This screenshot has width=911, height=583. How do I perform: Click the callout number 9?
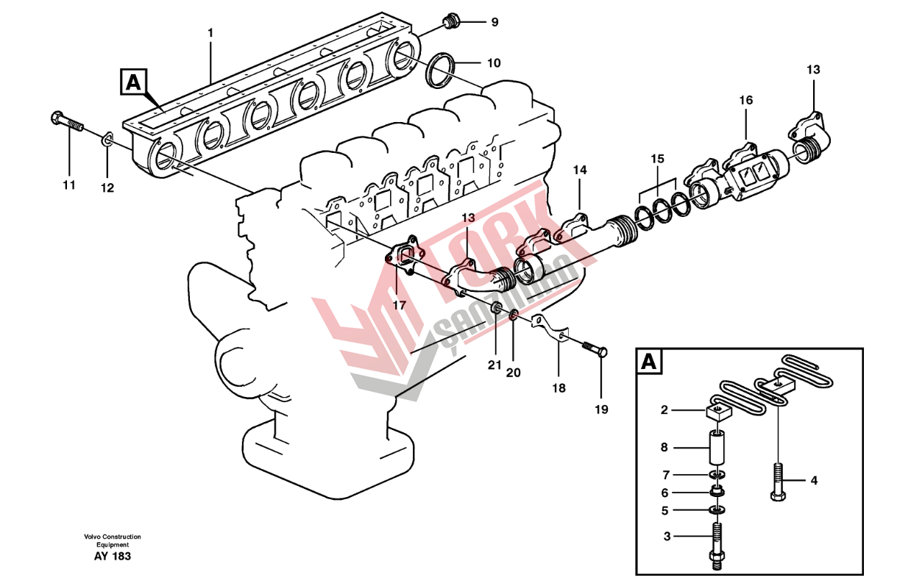click(x=495, y=22)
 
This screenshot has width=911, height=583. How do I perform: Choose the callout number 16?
click(x=746, y=100)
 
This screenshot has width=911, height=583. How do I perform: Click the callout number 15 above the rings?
click(x=657, y=158)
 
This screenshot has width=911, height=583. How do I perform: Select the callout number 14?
click(x=580, y=170)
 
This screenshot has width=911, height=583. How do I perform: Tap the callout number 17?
click(x=399, y=304)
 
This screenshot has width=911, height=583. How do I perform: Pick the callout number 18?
click(x=559, y=387)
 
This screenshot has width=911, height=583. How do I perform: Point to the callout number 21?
click(x=495, y=365)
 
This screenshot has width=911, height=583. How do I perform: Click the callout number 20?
click(x=513, y=372)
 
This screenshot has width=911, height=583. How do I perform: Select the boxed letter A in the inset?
click(x=648, y=362)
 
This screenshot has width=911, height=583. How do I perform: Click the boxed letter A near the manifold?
click(x=132, y=82)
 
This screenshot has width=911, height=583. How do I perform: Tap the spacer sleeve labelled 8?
click(x=717, y=446)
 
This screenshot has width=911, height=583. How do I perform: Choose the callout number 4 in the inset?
click(x=814, y=481)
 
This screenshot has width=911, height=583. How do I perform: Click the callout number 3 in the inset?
click(x=667, y=537)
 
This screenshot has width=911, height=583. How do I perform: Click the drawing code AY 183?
click(x=112, y=557)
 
